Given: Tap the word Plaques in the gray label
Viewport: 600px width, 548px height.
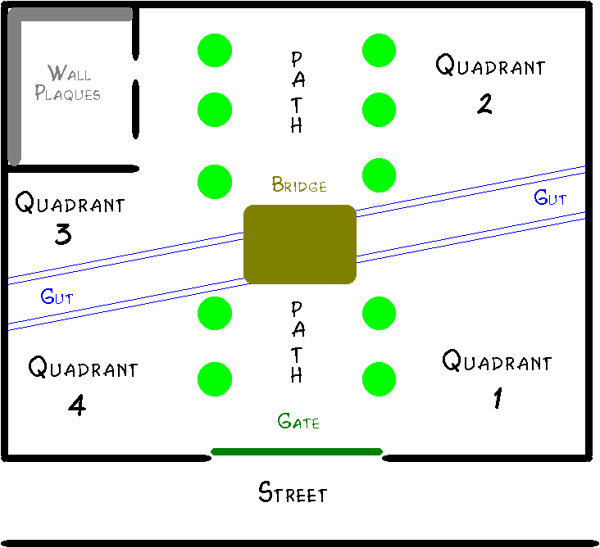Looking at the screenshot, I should [68, 93].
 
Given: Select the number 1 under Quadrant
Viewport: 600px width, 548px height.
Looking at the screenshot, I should [497, 399].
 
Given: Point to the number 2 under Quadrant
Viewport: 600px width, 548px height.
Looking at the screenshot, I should [484, 104].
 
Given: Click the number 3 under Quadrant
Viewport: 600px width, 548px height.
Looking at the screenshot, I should [63, 235].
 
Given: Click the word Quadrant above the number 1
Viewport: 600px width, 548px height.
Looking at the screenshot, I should [497, 361].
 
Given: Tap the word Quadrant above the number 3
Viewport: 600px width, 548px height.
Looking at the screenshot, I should [70, 203].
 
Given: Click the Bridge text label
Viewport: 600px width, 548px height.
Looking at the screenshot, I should [299, 186].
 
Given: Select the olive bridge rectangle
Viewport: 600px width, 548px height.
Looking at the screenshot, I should [300, 244].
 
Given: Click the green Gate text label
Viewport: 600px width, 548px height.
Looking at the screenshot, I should [298, 422].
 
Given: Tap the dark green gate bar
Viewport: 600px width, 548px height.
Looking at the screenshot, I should [297, 451].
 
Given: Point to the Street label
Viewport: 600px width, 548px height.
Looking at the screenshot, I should [293, 493].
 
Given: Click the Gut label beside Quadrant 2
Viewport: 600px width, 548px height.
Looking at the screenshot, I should [550, 197].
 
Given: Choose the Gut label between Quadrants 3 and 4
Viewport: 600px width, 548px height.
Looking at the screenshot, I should [57, 297].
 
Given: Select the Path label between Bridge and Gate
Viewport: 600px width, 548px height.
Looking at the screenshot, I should [297, 342].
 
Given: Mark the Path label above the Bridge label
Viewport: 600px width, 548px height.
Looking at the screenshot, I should [297, 93].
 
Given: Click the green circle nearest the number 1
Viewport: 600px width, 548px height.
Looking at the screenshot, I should [380, 378].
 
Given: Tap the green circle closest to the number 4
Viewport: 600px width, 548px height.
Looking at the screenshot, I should [215, 378].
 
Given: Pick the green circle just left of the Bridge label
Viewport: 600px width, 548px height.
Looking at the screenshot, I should [215, 181].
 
